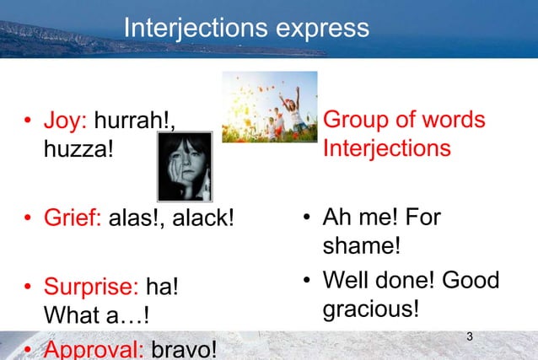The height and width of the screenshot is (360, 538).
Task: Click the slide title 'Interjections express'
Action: (246, 28)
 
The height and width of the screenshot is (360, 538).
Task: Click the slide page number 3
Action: (470, 338)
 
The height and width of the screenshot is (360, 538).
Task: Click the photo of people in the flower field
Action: (269, 106)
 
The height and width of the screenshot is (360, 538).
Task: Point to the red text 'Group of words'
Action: (404, 120)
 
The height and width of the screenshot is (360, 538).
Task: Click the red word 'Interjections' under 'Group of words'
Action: (386, 149)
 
